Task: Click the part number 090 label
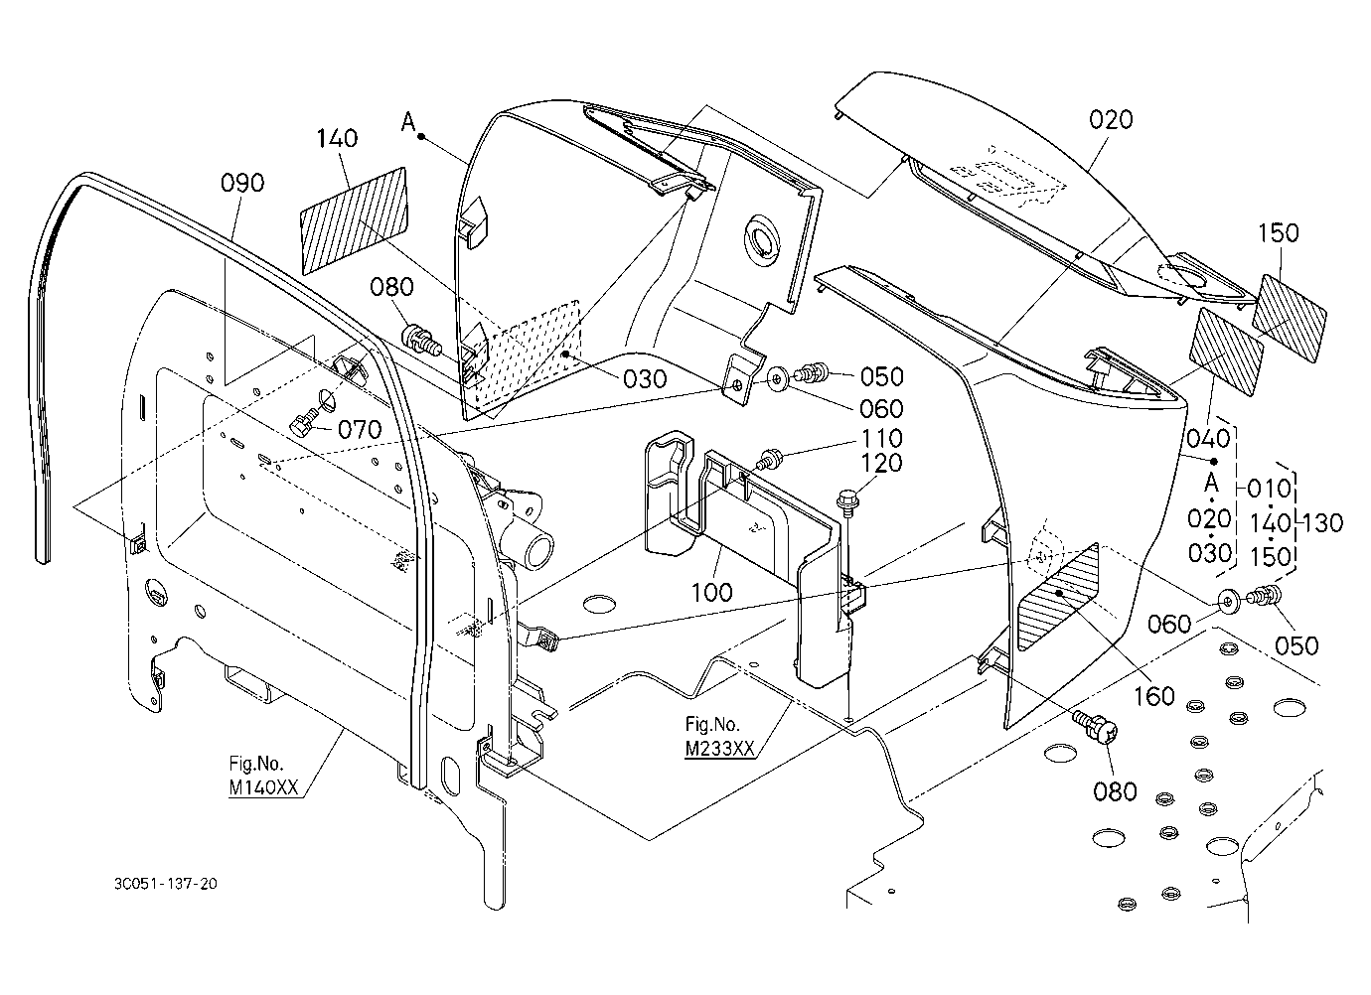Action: pos(242,183)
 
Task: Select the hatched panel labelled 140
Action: pos(355,220)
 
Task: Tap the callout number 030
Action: pos(645,379)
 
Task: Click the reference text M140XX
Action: pos(264,787)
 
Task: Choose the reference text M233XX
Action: pos(719,749)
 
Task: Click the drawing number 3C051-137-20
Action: pos(165,884)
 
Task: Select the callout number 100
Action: pos(711,592)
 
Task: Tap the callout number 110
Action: pos(881,438)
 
